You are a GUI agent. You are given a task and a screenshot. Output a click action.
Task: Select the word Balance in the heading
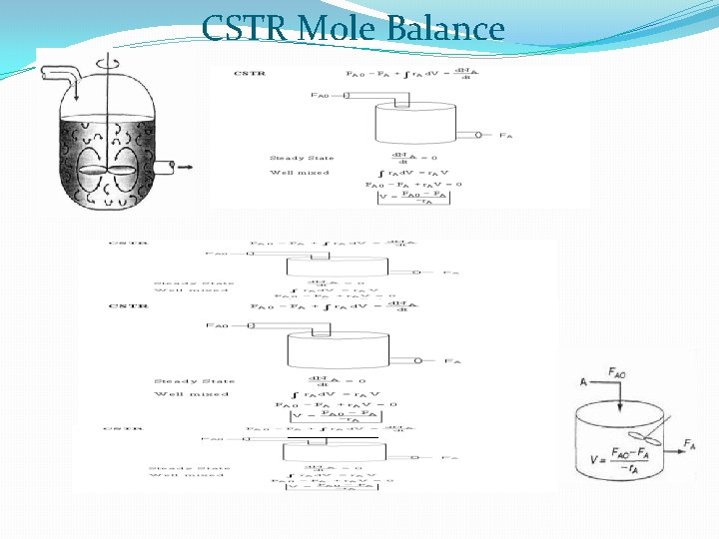[x=446, y=28]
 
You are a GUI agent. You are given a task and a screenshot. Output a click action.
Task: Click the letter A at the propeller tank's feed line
[x=583, y=382]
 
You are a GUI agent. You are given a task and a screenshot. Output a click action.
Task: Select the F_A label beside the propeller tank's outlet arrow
[x=689, y=443]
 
